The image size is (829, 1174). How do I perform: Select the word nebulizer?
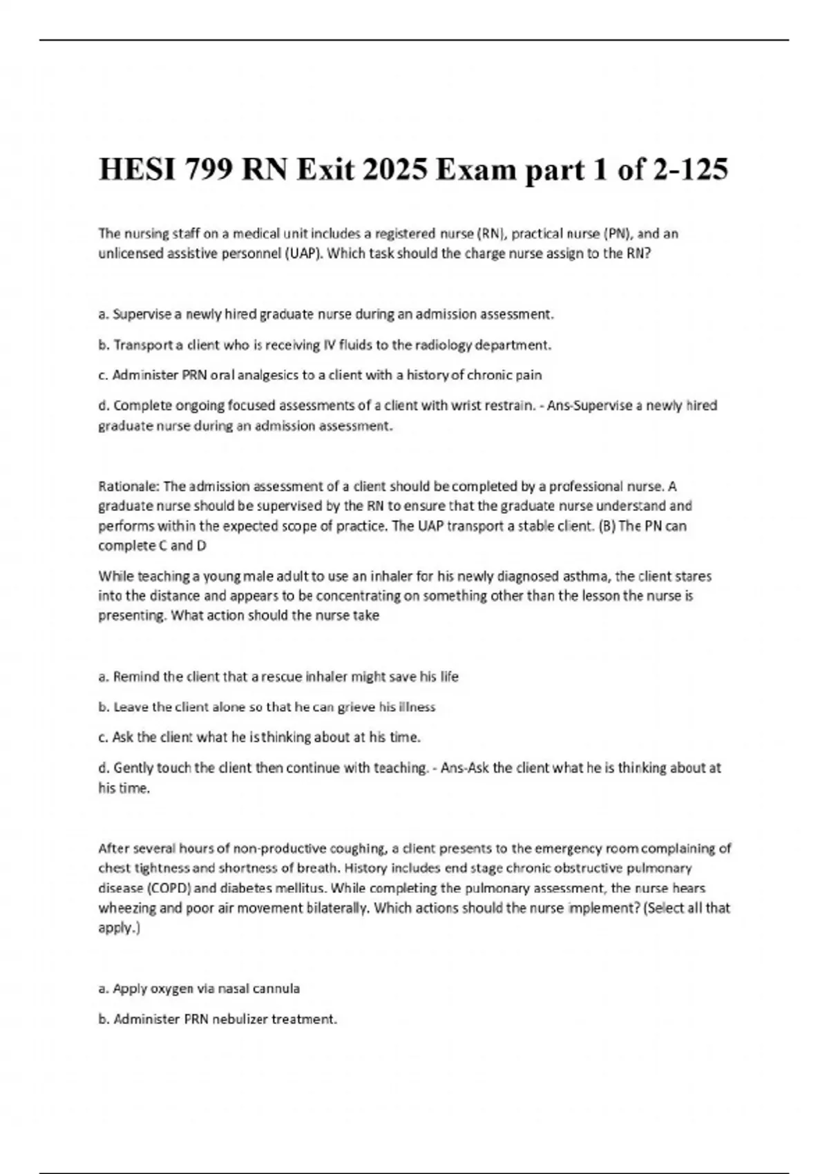tap(234, 1019)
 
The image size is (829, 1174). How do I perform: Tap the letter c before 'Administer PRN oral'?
tap(102, 376)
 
